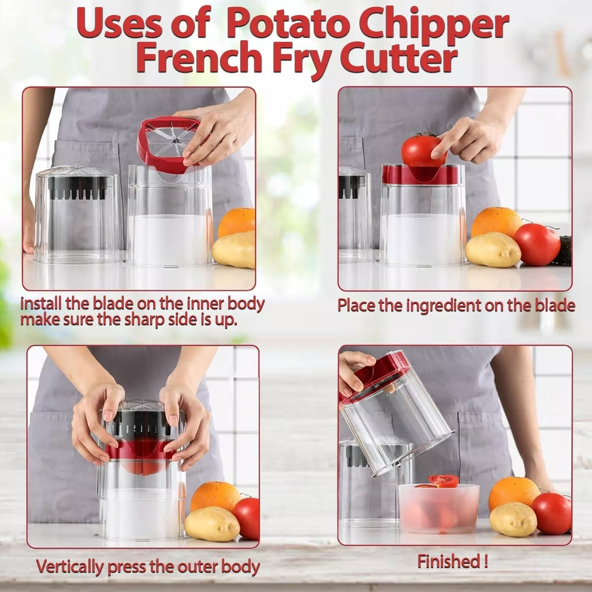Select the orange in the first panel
pyautogui.click(x=237, y=223)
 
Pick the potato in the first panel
pyautogui.click(x=234, y=250)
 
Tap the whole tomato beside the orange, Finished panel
pyautogui.click(x=551, y=513)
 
